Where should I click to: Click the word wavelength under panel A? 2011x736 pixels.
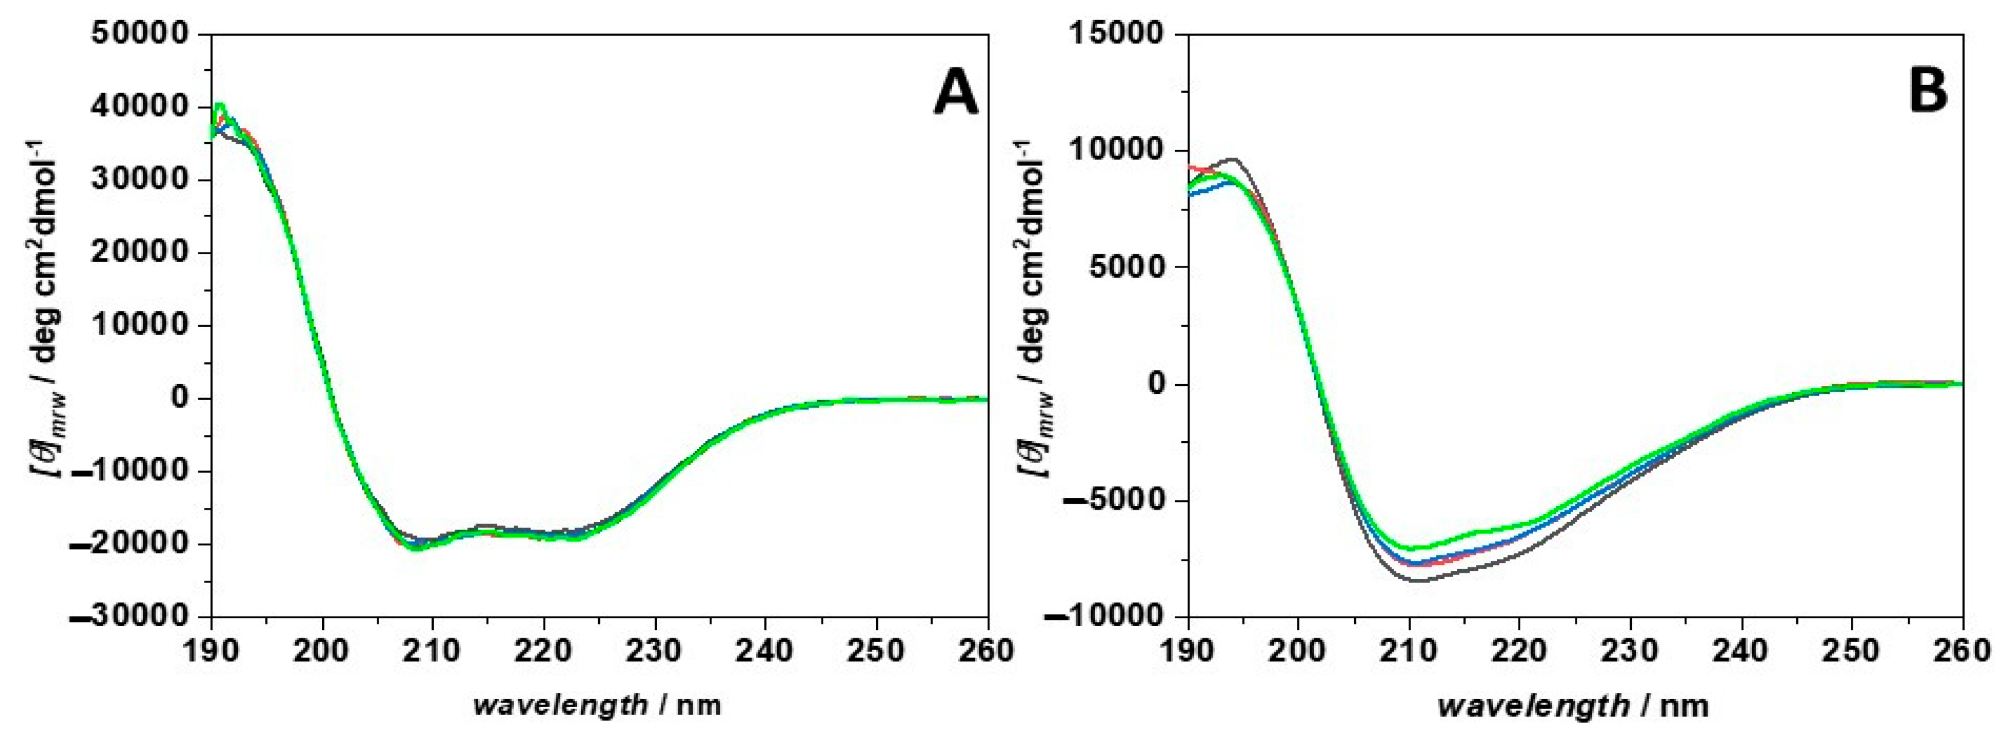pyautogui.click(x=561, y=706)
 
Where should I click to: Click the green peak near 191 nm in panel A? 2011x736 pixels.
pyautogui.click(x=220, y=104)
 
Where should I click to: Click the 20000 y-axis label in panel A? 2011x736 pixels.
pyautogui.click(x=141, y=252)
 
